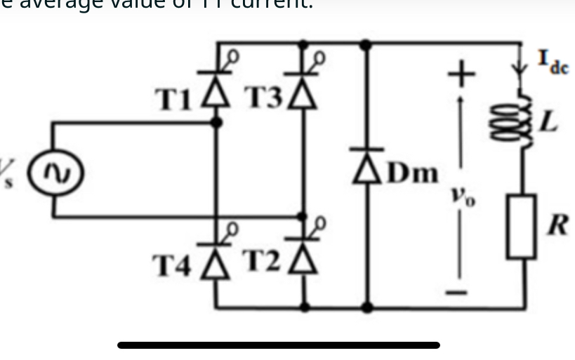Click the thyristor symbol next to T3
coord(303,97)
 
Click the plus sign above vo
coord(461,71)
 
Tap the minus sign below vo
coord(461,293)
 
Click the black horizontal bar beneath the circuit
coord(279,345)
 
